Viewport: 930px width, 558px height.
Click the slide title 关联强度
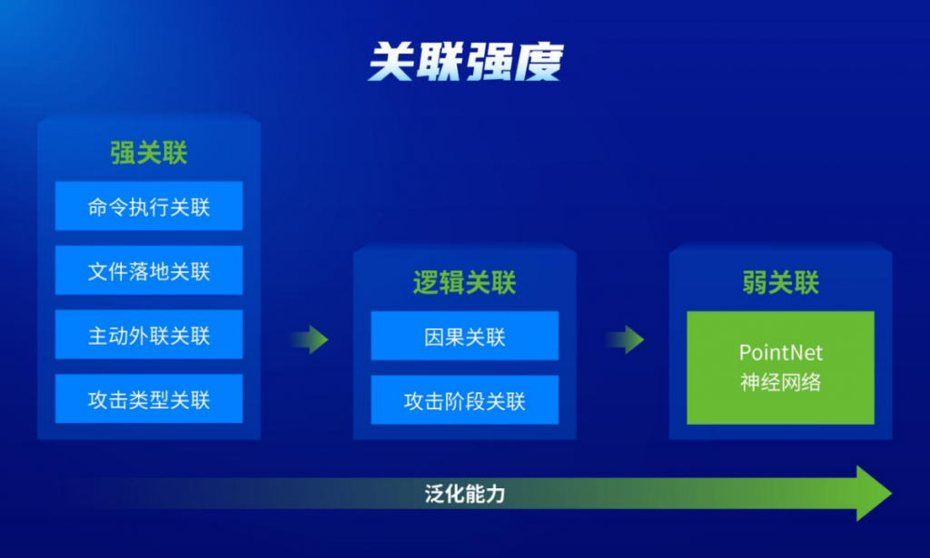[465, 62]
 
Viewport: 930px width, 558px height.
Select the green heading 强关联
[149, 152]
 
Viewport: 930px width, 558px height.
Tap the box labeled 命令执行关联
[149, 206]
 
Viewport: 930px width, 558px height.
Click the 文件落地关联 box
[149, 270]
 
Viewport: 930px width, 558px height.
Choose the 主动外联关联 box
[149, 335]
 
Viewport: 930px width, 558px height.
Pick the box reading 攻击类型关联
[149, 398]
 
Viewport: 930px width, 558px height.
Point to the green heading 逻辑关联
[464, 282]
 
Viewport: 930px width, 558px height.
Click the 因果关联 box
[464, 336]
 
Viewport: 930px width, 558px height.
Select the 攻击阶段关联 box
[464, 400]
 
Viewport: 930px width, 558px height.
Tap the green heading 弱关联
[780, 282]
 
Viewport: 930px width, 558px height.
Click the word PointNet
[780, 353]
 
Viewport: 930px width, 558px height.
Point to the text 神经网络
[780, 382]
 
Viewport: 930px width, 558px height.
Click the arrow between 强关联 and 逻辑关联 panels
[310, 339]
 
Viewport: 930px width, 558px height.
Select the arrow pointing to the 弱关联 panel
[625, 339]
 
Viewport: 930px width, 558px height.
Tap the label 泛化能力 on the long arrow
[465, 494]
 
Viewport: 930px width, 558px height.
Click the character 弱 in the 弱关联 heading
[755, 282]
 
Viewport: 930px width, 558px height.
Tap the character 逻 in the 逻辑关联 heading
[426, 282]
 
